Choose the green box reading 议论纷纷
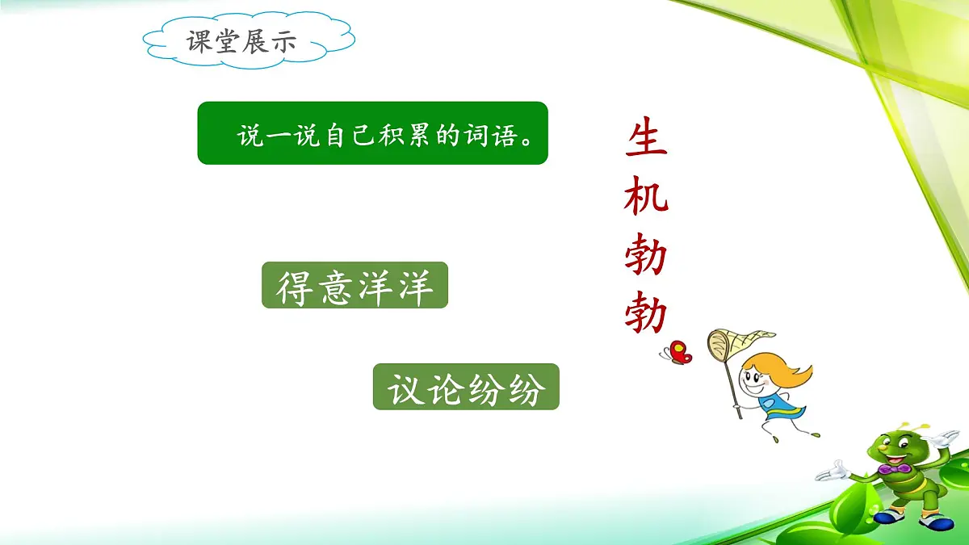click(x=466, y=387)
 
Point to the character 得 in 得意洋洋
click(x=295, y=286)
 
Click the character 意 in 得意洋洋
click(x=334, y=286)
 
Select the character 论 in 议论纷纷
click(x=446, y=388)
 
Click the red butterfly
click(x=677, y=352)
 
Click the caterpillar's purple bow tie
click(x=894, y=468)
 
